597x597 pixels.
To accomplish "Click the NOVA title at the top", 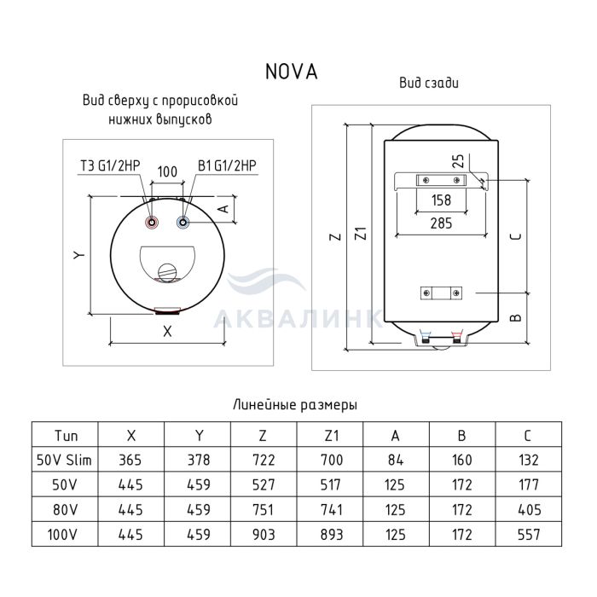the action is click(292, 72).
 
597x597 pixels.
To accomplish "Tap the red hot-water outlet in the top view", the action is click(153, 223).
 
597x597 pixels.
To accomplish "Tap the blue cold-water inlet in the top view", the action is click(183, 223).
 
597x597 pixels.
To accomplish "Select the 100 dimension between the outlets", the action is click(167, 171).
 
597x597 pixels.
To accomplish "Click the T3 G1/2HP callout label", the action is click(110, 165).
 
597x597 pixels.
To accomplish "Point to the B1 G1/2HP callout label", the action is click(227, 165).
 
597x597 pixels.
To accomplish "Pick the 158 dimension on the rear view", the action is click(441, 200).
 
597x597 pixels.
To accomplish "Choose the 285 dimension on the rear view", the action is click(441, 223).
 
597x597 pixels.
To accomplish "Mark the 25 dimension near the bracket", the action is click(459, 160).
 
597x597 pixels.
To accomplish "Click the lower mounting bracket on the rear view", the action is click(441, 293).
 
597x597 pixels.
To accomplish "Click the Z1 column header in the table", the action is click(330, 435).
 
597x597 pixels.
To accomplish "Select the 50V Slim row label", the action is click(64, 460).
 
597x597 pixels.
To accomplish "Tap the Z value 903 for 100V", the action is click(264, 535).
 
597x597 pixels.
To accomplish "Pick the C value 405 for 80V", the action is click(530, 510).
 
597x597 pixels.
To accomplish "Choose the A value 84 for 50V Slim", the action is click(396, 460).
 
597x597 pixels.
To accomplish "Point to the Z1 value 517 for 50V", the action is click(331, 485).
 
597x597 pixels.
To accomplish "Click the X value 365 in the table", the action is click(130, 460).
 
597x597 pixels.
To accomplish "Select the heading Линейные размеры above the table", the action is click(295, 404).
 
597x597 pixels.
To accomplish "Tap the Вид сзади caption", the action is click(429, 83).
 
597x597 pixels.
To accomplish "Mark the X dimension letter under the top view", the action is click(167, 332).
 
